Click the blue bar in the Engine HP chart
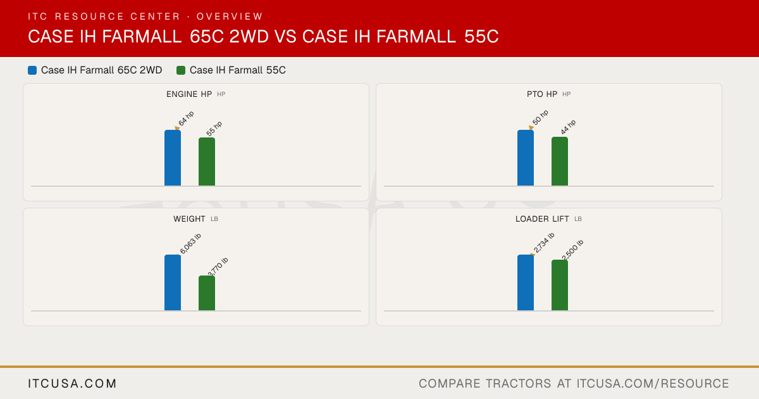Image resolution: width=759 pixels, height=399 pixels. (173, 158)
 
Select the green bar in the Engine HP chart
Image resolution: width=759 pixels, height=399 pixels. (207, 161)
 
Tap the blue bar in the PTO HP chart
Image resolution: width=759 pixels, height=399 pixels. (526, 158)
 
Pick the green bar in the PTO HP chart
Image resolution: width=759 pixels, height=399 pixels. (560, 161)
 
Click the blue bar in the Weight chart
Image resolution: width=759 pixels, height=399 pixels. (173, 282)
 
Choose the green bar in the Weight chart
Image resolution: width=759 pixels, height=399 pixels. (207, 293)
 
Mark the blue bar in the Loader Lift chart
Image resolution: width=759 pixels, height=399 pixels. (526, 282)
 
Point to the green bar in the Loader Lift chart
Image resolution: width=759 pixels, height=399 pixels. (560, 285)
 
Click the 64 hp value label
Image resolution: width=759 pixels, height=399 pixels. (187, 118)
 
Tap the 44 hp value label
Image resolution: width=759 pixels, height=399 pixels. (568, 127)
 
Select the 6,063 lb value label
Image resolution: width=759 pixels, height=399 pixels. (190, 243)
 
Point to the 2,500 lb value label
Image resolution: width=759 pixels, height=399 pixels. (572, 250)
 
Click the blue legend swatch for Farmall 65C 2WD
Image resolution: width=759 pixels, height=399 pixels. (32, 70)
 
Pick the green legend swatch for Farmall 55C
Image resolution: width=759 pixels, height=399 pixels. (181, 70)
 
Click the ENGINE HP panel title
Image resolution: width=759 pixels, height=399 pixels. (189, 94)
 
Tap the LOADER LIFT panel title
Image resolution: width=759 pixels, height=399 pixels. (542, 219)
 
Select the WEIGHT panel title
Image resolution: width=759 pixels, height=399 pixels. (189, 219)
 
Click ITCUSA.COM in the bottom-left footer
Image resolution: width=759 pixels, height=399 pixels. (72, 383)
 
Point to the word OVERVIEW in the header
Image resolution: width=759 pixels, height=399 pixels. (230, 16)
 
